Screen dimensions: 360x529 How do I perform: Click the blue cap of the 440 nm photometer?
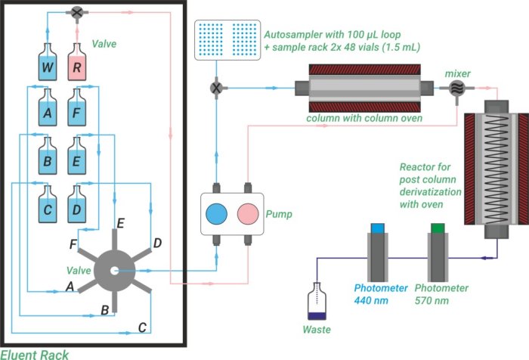(x=378, y=227)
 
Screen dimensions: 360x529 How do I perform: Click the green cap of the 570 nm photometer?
(x=437, y=227)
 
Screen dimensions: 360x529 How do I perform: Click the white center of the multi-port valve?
(x=114, y=270)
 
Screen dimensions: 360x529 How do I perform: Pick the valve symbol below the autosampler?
(x=218, y=88)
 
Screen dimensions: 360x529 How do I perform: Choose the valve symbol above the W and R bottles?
(x=77, y=12)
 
